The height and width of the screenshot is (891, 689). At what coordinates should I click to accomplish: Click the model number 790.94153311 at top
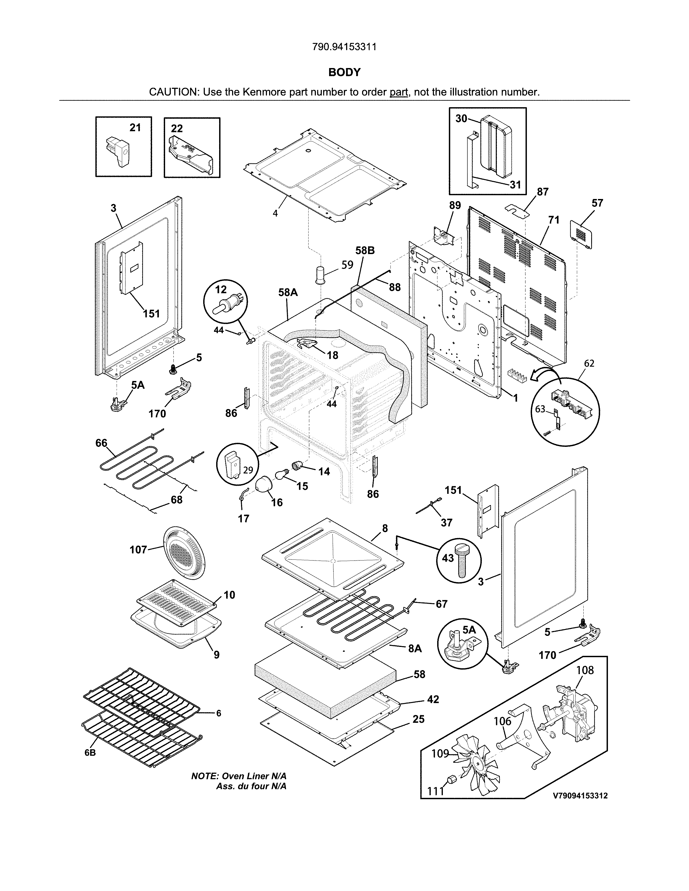point(344,47)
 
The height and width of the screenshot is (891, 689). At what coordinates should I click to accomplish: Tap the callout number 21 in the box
point(135,128)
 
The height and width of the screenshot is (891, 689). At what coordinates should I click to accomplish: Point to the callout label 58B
point(364,251)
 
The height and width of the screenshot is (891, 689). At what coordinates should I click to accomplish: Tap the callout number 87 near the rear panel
point(543,192)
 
